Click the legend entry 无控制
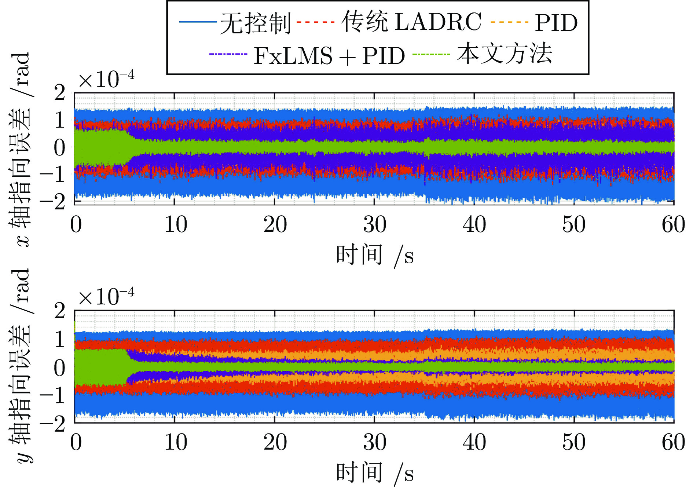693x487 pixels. pos(256,23)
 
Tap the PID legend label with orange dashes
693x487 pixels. pos(556,23)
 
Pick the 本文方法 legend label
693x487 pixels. pos(504,54)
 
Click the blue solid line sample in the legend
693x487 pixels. pos(198,22)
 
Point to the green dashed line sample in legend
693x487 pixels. pos(431,54)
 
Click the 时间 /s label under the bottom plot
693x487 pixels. pos(375,473)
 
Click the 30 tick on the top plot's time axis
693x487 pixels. pos(374,224)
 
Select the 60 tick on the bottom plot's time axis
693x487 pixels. pos(673,442)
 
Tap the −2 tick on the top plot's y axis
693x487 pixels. pos(53,201)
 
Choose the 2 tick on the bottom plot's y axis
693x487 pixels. pos(59,311)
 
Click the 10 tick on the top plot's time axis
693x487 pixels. pos(175,224)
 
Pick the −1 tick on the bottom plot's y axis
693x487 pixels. pos(53,396)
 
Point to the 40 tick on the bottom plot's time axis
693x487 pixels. pos(474,442)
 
